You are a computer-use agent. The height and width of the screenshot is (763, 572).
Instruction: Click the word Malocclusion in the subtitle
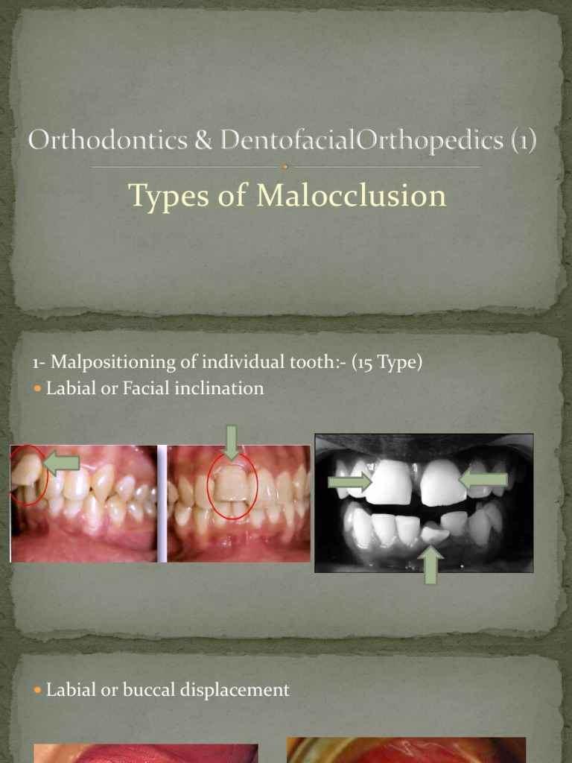(352, 196)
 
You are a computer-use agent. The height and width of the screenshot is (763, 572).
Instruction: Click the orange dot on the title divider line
(286, 167)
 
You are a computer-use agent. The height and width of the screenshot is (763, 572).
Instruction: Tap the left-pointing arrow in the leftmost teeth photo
(62, 463)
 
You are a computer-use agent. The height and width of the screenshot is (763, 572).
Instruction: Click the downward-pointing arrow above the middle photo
(231, 442)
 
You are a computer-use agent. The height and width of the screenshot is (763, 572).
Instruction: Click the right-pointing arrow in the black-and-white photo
(349, 482)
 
